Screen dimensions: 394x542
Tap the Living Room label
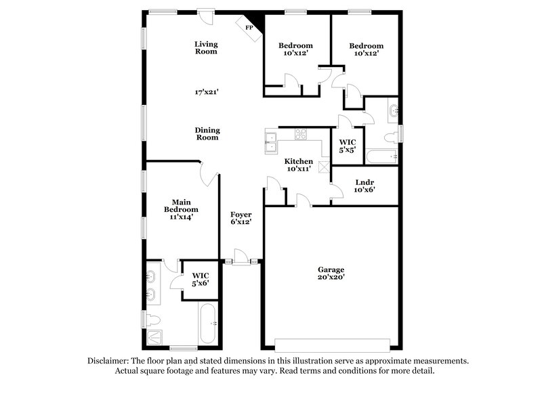tap(206, 47)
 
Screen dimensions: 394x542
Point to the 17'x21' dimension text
tap(206, 91)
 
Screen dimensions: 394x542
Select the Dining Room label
tap(207, 133)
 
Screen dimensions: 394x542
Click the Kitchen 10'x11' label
tap(298, 165)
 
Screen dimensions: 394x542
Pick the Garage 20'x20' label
tap(332, 273)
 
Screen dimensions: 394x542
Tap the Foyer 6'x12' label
tap(241, 217)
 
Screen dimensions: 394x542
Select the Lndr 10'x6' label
tap(364, 186)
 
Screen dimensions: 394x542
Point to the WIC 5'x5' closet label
tap(346, 147)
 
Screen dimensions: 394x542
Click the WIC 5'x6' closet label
tap(200, 279)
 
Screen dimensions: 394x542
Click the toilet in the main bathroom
tap(153, 318)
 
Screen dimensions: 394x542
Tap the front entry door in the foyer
tap(240, 261)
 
